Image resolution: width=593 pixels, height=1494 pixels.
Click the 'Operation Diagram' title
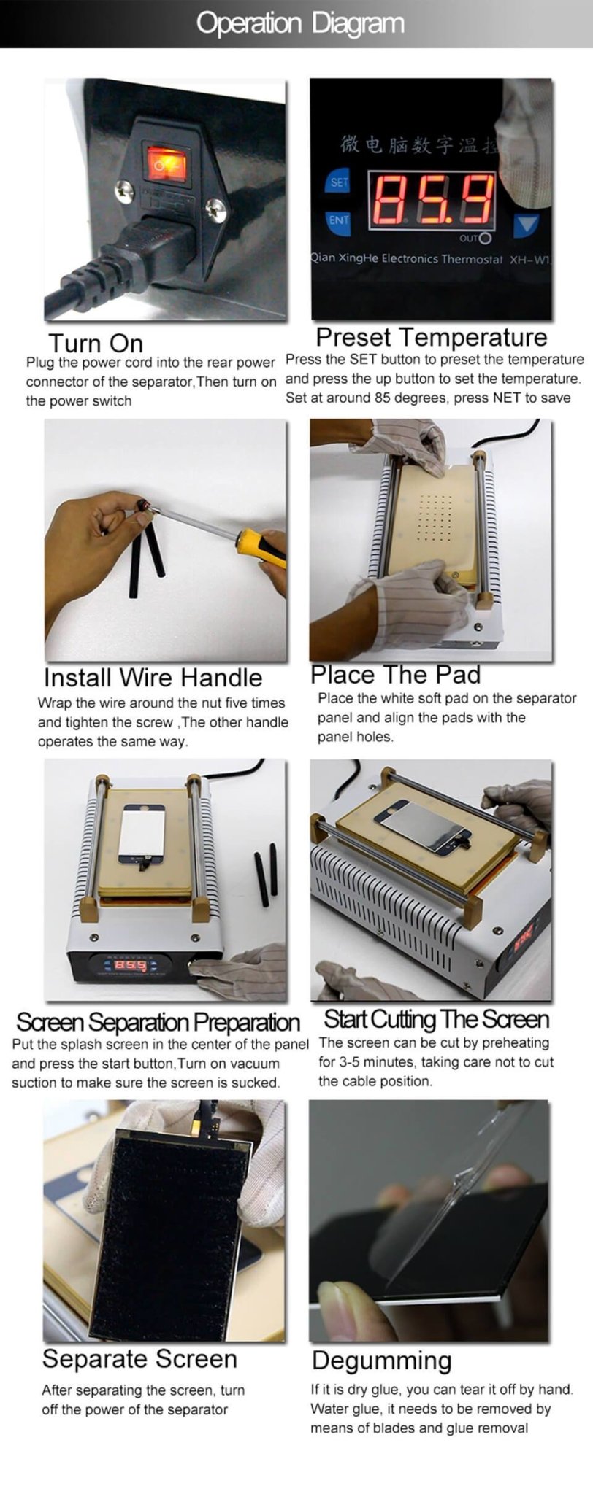click(299, 23)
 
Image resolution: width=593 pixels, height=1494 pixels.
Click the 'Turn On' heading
click(96, 343)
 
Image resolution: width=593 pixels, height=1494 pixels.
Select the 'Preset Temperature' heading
click(431, 337)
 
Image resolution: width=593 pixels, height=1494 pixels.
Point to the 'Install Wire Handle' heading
click(153, 678)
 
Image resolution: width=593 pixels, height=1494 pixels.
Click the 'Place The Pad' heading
click(395, 674)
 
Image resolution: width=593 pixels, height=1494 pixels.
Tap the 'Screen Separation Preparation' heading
click(158, 1022)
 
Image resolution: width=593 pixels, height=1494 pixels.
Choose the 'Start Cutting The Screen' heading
click(436, 1019)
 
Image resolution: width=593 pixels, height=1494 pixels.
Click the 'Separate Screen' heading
click(139, 1359)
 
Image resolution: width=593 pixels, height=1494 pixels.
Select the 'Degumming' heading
click(381, 1361)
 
